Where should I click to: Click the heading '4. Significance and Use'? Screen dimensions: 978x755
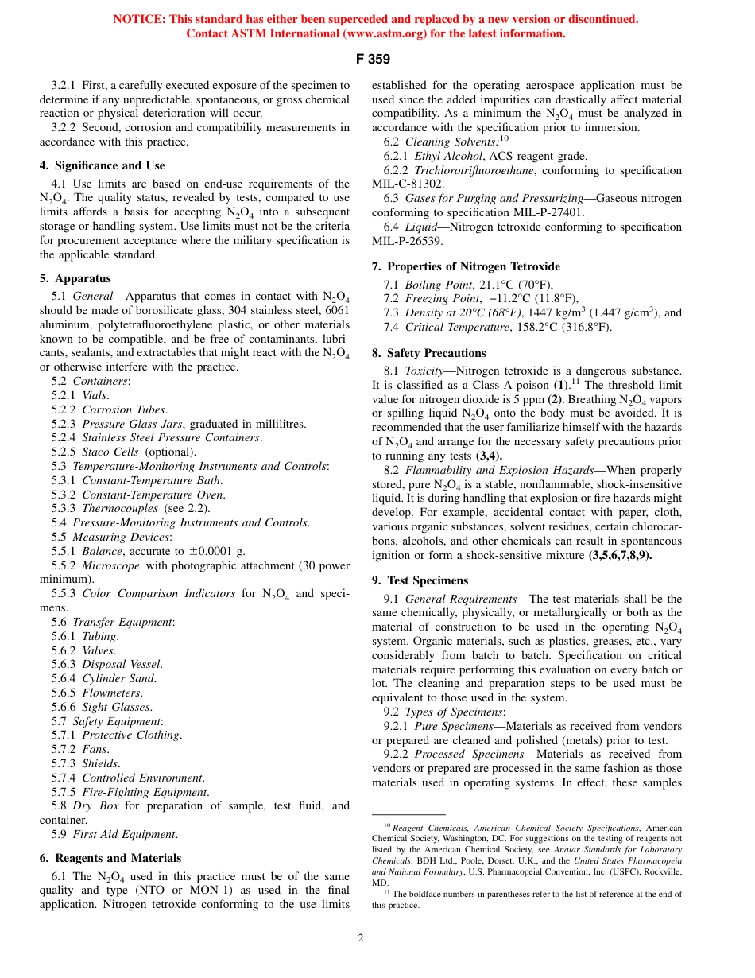coord(102,165)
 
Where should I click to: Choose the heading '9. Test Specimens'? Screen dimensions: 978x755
coord(420,580)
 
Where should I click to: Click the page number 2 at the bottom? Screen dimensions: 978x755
coord(360,938)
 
